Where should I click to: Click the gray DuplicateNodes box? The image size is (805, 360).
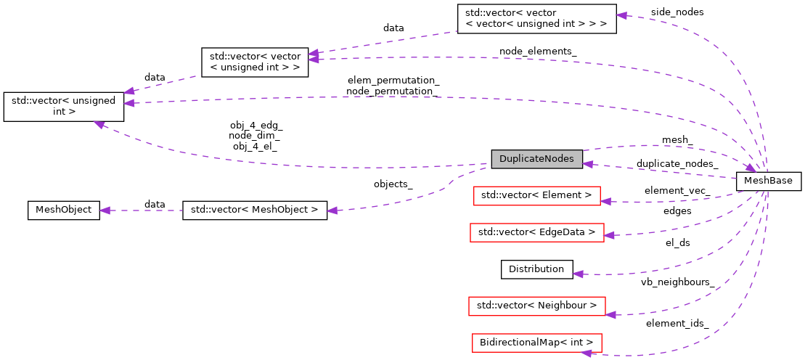tap(536, 159)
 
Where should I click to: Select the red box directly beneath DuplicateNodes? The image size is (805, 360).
tap(536, 196)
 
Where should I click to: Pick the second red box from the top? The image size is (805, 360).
tap(536, 232)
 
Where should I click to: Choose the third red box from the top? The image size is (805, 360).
tap(536, 306)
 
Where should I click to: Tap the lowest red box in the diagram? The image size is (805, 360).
tap(536, 343)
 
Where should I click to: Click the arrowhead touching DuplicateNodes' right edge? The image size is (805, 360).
tap(589, 165)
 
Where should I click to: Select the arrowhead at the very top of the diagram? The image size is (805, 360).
tap(621, 15)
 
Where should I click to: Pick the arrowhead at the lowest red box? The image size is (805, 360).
tap(586, 353)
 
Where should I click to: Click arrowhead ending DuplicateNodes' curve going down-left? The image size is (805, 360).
tap(332, 210)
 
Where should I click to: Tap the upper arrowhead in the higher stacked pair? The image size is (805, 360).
tap(313, 53)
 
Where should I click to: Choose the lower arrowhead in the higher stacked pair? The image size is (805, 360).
tap(313, 60)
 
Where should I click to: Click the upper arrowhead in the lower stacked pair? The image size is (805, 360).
tap(128, 91)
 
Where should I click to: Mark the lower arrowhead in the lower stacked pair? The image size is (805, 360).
tap(128, 103)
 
